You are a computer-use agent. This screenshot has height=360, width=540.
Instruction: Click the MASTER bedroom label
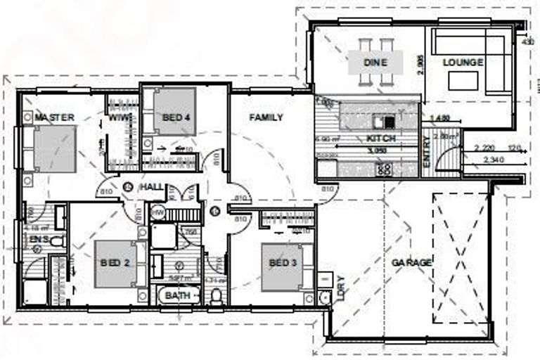click(54, 117)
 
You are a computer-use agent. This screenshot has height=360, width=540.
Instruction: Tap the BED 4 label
click(172, 117)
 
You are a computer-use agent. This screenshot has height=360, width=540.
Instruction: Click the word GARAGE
click(412, 262)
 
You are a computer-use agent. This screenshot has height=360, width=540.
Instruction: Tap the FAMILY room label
click(266, 117)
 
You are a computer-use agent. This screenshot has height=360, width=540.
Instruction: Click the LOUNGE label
click(463, 63)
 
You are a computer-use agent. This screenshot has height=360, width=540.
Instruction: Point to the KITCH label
click(380, 139)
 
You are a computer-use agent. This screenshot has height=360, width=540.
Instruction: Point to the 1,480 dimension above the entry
click(439, 116)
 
